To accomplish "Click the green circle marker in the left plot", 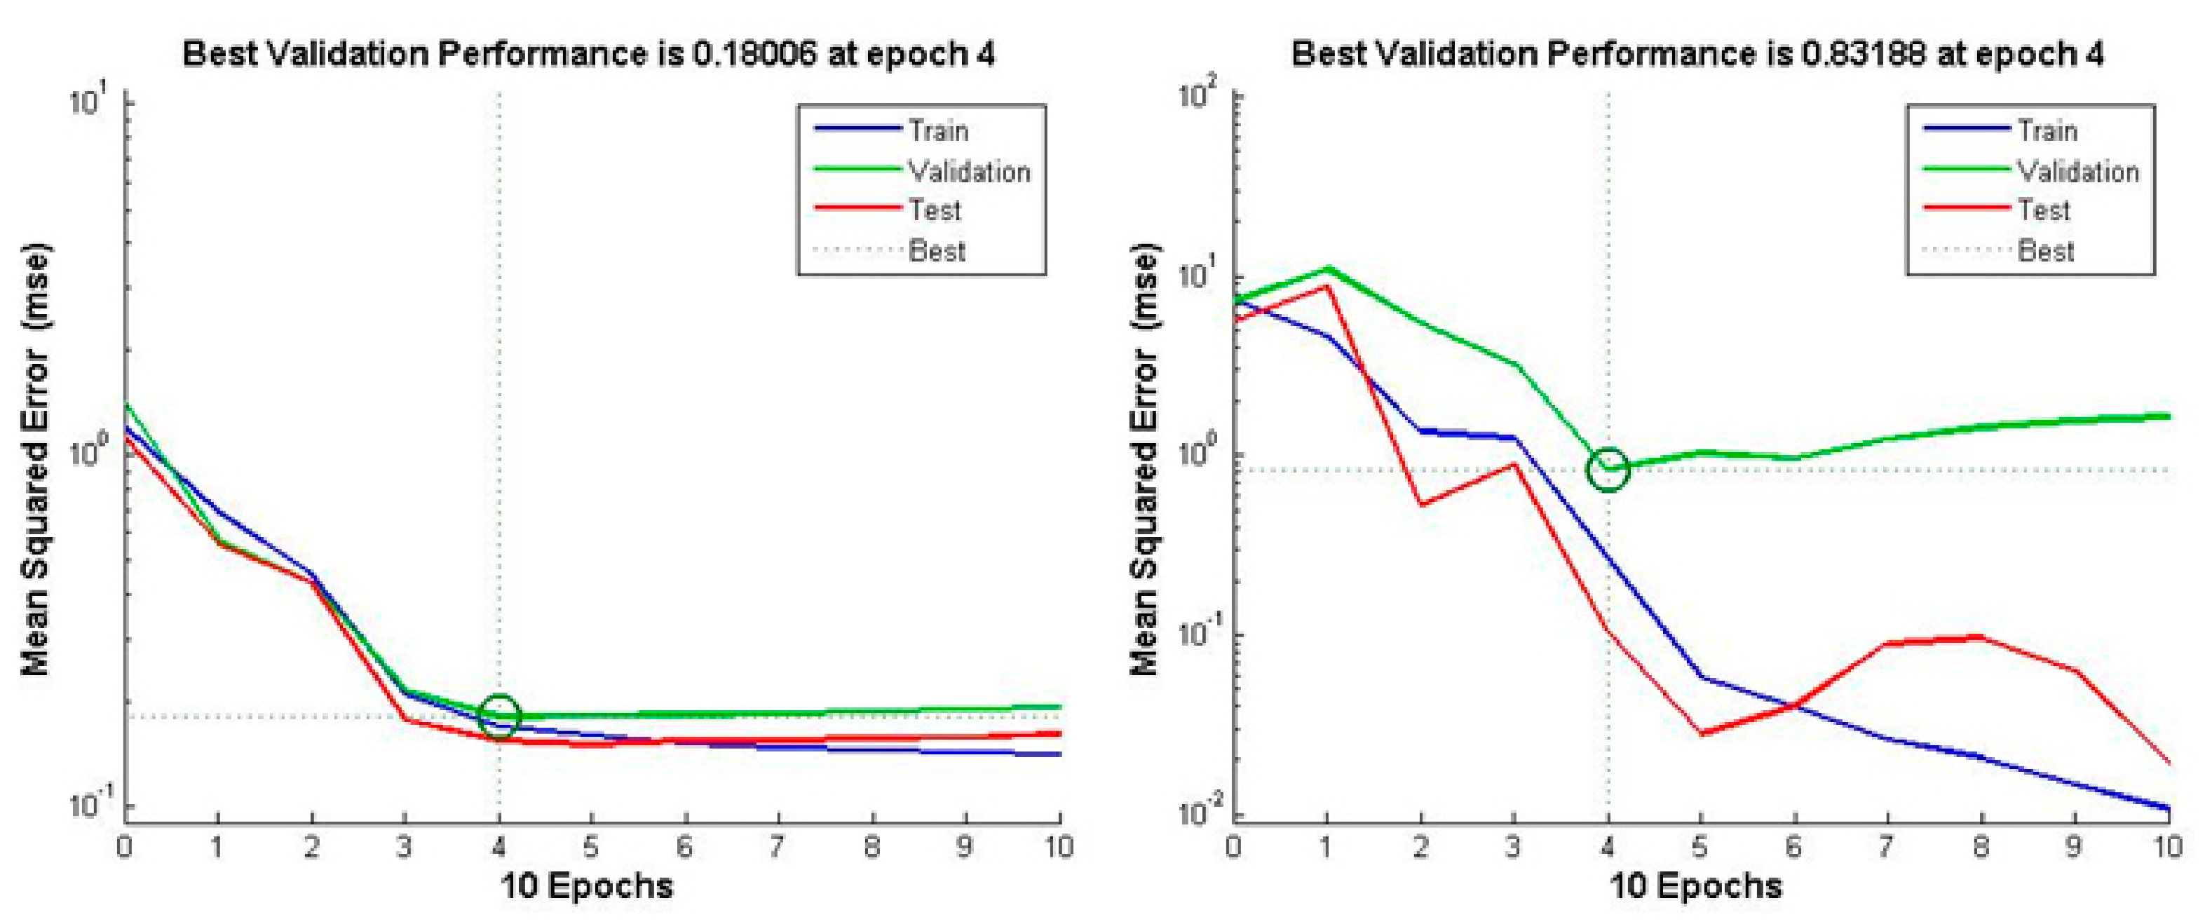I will coord(499,715).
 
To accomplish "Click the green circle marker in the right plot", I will coord(1608,469).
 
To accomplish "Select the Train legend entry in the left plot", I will coord(937,131).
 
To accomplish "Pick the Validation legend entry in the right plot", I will coord(2077,171).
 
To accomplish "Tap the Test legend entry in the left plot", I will coord(935,210).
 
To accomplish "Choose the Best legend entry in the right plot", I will coord(2045,251).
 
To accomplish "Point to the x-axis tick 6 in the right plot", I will coord(1793,847).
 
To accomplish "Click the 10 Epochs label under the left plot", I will coord(588,885).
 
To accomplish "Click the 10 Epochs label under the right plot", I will coord(1696,885).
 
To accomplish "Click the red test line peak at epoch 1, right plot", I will coord(1327,287).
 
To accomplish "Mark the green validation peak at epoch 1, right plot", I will coord(1327,269).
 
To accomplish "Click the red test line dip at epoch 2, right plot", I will coord(1421,505).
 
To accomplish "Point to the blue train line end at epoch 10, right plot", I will coord(2167,808).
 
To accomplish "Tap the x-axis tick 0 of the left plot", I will coord(125,847).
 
